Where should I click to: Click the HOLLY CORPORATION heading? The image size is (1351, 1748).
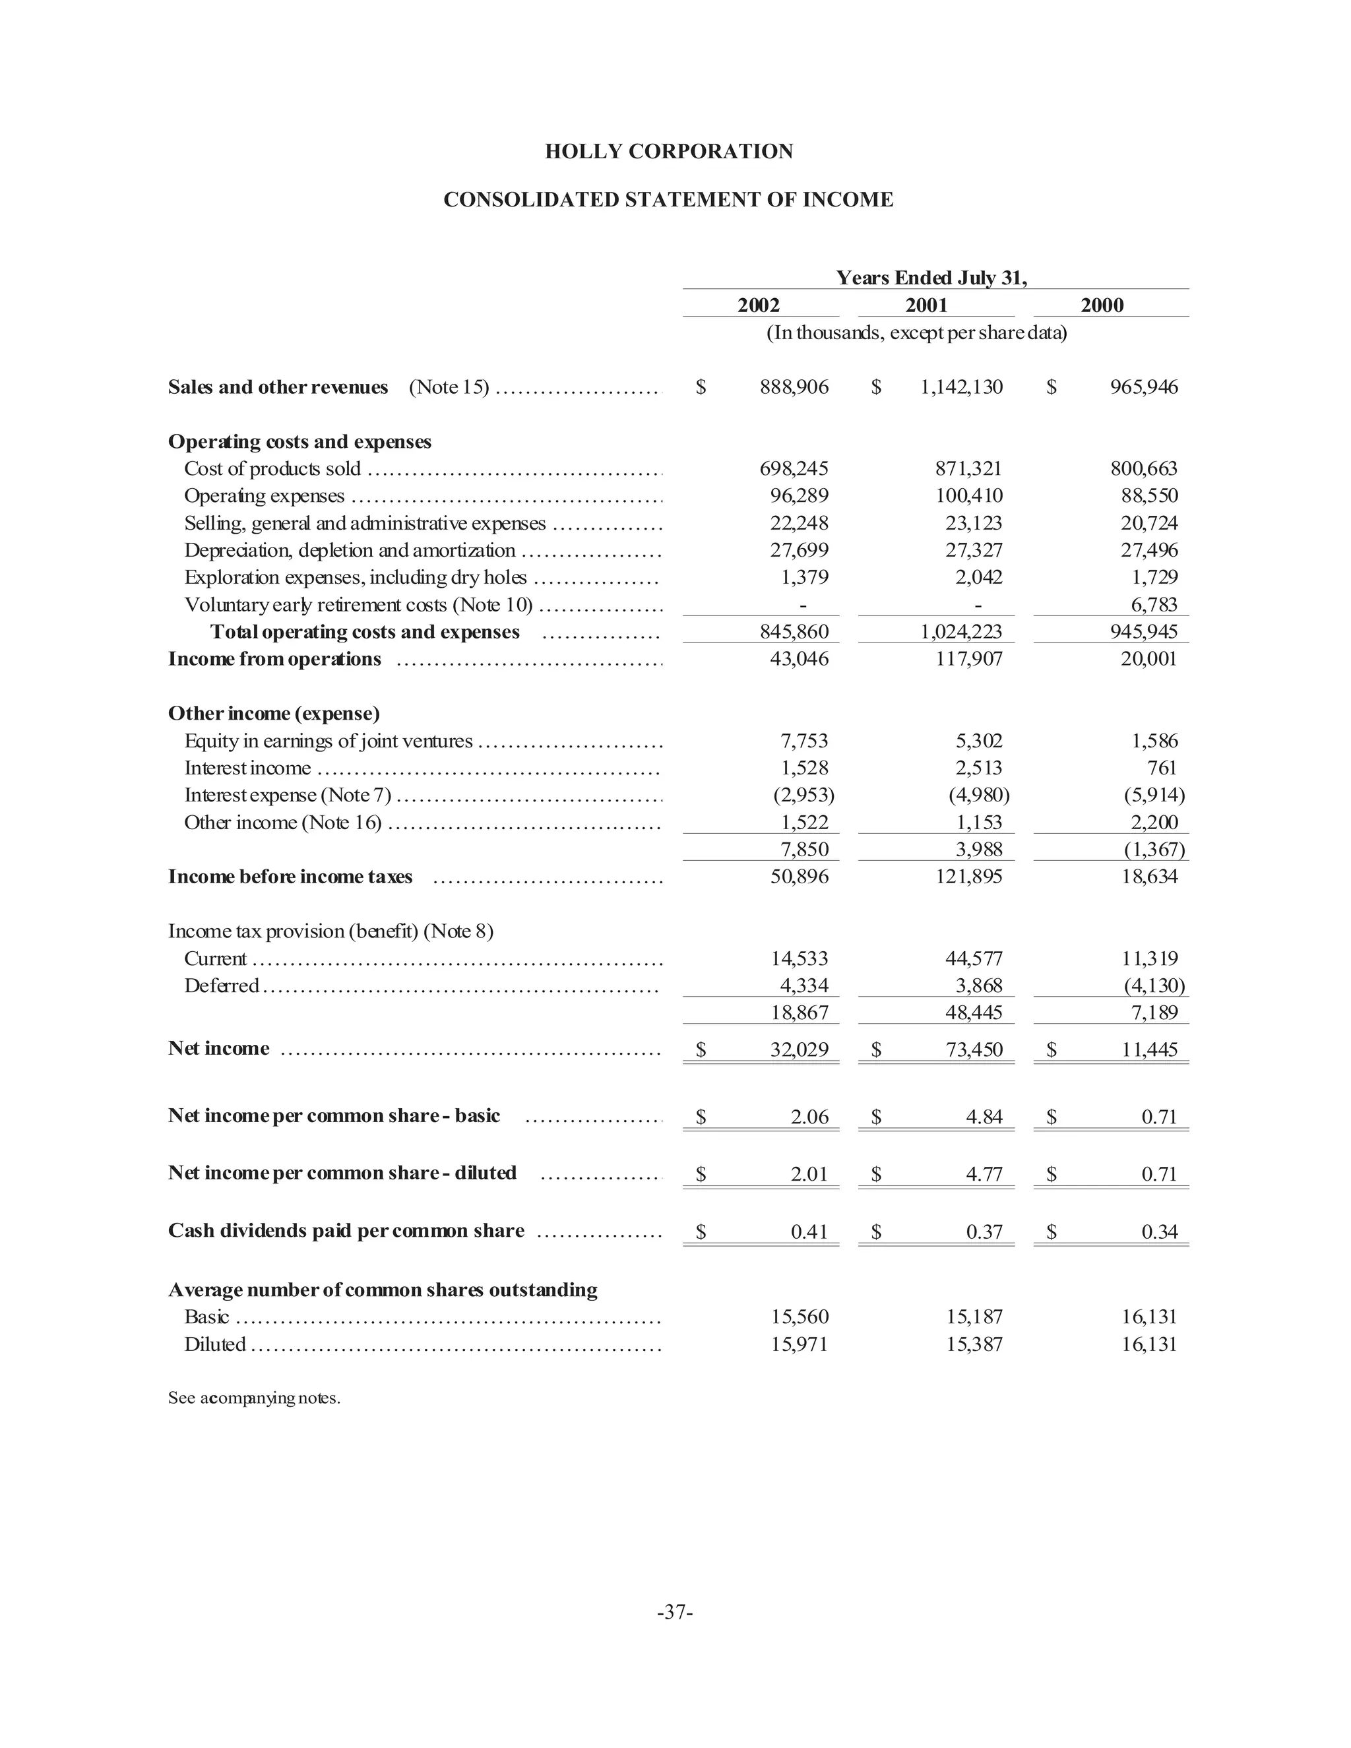tap(668, 151)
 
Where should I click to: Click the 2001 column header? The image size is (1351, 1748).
tap(926, 305)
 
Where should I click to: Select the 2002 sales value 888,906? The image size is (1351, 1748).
tap(794, 387)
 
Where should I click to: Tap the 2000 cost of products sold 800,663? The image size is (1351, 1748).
tap(1143, 469)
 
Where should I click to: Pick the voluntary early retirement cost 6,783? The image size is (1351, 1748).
tap(1153, 604)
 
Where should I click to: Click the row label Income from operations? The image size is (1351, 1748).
tap(274, 660)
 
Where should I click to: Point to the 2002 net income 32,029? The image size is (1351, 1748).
tap(799, 1049)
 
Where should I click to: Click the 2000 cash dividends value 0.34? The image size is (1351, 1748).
tap(1159, 1232)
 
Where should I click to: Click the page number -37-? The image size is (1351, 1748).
tap(675, 1612)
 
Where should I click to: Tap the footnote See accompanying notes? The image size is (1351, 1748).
tap(254, 1398)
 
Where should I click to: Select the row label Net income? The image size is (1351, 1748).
tap(218, 1049)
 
